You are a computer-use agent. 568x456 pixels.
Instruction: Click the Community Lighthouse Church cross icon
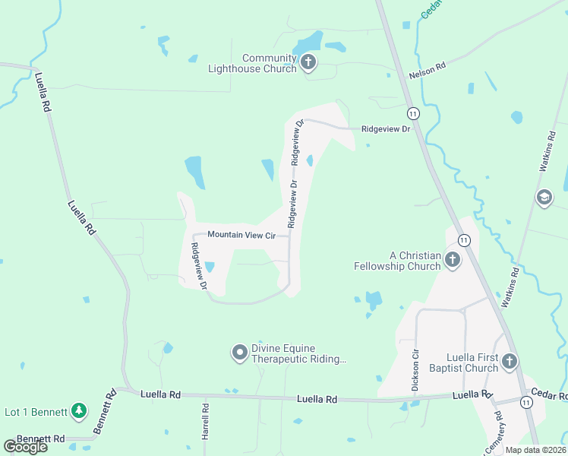[308, 62]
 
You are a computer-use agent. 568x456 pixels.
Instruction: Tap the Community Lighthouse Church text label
[252, 64]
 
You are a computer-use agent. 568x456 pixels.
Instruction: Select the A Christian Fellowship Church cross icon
[452, 260]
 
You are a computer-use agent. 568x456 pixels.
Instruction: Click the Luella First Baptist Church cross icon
[510, 361]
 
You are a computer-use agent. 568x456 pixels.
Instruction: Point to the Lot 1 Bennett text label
[36, 412]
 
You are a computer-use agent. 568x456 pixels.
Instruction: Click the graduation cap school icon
[544, 198]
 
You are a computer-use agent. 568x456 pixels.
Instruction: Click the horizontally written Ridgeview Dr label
[385, 129]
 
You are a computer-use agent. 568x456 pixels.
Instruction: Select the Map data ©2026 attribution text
[535, 450]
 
